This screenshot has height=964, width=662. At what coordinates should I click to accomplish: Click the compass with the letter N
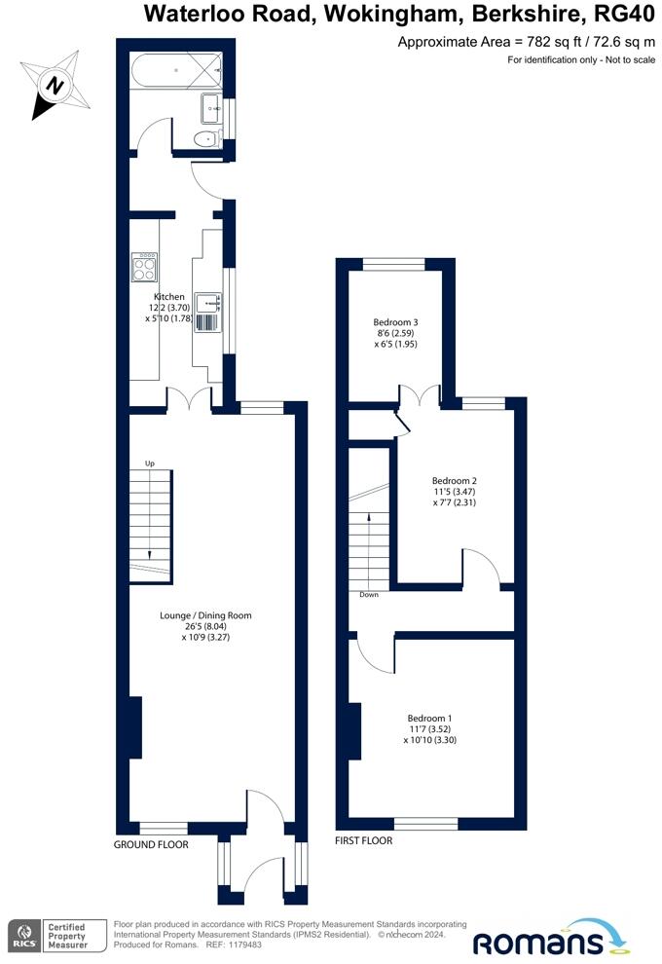(55, 86)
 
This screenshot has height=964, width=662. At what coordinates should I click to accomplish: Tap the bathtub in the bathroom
(176, 71)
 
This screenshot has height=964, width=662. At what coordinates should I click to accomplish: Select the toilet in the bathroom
(206, 139)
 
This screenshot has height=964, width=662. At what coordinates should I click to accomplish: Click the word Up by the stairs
(149, 463)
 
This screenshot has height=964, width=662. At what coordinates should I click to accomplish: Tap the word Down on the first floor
(369, 595)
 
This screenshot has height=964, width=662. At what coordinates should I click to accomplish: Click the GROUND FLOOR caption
(151, 845)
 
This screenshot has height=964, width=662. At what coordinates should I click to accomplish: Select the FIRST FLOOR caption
(363, 840)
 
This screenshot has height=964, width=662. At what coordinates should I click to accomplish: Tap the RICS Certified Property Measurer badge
(50, 936)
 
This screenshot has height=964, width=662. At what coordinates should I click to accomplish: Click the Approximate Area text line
(526, 42)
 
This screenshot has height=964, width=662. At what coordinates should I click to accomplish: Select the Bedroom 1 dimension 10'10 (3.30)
(429, 740)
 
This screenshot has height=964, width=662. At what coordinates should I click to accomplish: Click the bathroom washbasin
(212, 109)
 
